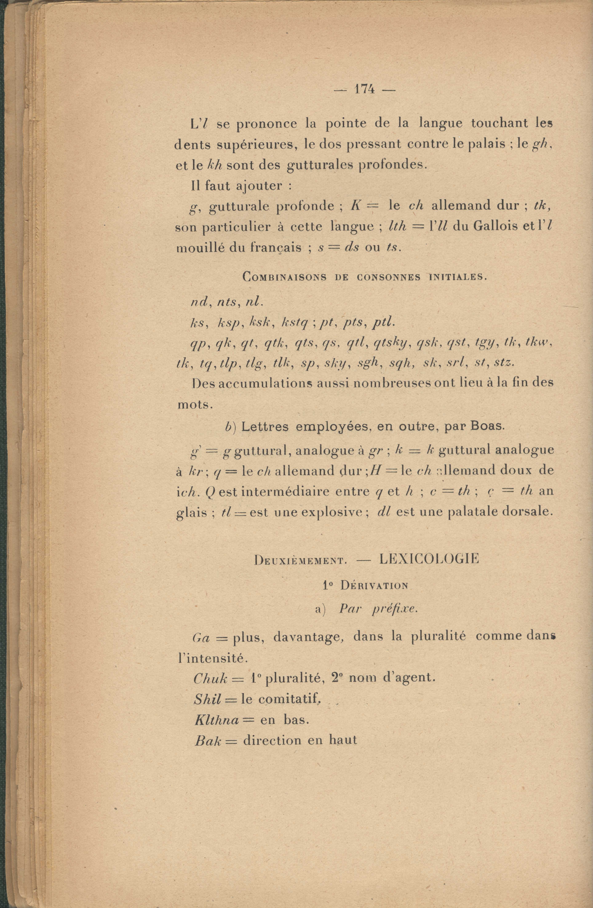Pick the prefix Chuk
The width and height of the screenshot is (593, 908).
(211, 678)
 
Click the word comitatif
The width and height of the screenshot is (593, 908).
(288, 699)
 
